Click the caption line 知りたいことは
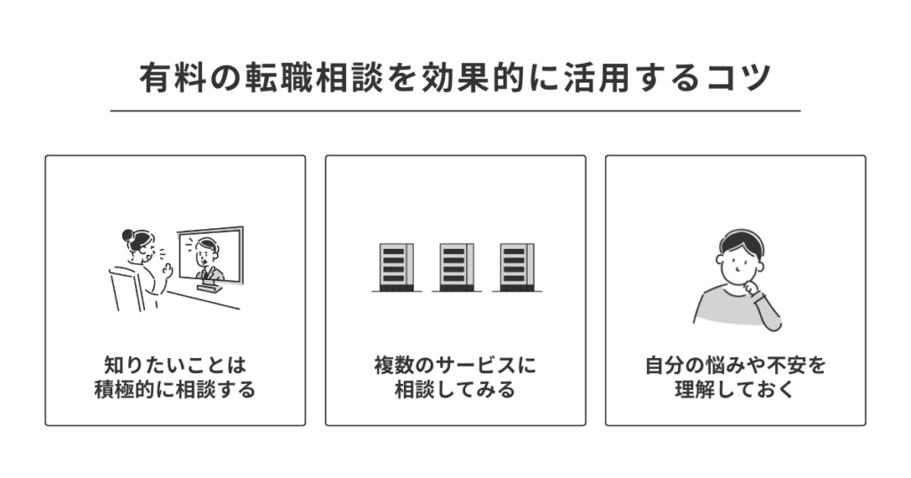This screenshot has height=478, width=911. click(x=174, y=365)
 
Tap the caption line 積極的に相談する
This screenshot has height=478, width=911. click(x=174, y=390)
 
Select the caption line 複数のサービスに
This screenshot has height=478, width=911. click(x=455, y=365)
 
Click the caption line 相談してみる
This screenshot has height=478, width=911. click(x=455, y=390)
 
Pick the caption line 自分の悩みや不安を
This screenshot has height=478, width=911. click(x=735, y=365)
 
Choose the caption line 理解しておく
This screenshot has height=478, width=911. click(x=735, y=390)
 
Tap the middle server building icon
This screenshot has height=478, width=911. click(x=455, y=267)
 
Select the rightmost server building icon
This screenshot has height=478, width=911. click(x=517, y=267)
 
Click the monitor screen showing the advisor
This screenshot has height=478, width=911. click(x=210, y=254)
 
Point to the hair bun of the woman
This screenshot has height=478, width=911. click(x=127, y=235)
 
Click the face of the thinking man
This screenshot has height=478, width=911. click(x=737, y=260)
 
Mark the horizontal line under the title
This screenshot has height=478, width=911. click(x=455, y=111)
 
